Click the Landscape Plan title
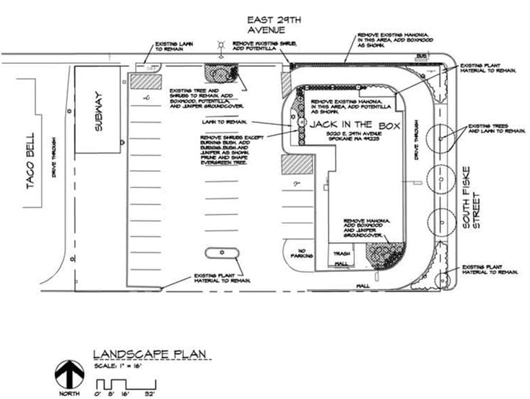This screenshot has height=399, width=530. tap(151, 354)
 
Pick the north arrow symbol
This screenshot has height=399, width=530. tap(69, 373)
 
